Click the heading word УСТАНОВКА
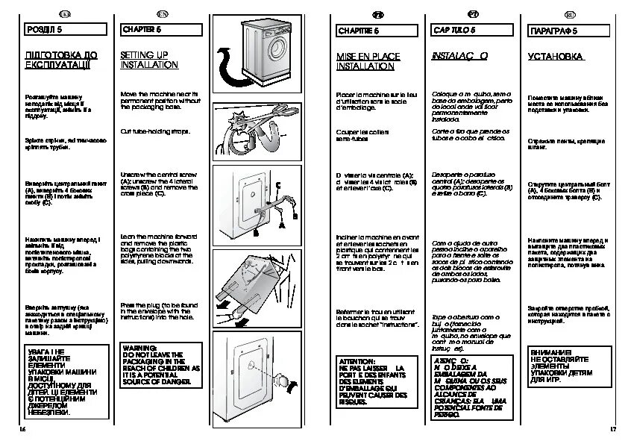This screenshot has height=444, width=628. tap(556, 56)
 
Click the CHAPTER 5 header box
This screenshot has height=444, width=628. tap(164, 29)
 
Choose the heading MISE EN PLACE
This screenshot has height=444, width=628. tap(368, 56)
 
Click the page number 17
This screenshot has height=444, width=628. tap(613, 431)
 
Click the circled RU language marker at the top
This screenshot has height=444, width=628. tap(569, 15)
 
